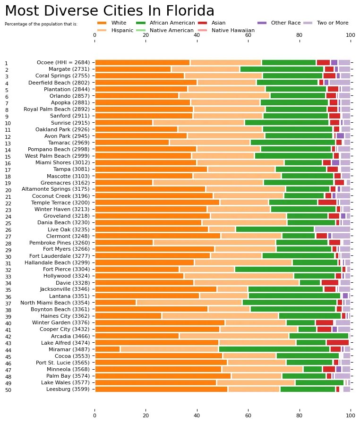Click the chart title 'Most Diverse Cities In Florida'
pyautogui.click(x=110, y=11)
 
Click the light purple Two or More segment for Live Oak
pyautogui.click(x=332, y=229)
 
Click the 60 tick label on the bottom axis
pyautogui.click(x=248, y=416)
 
